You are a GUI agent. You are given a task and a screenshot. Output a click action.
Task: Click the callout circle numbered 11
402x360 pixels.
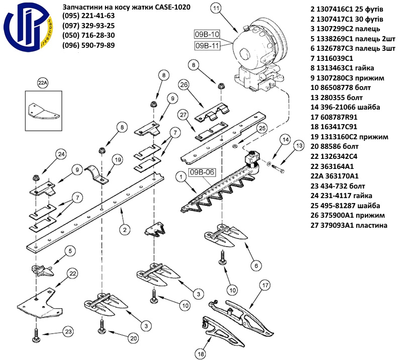click(216, 8)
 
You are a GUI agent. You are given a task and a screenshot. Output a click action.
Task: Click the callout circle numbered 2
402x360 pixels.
click(123, 230)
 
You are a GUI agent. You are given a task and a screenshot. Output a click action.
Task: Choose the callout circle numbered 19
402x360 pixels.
click(117, 160)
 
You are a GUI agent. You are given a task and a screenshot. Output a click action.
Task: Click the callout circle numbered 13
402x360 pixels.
click(298, 147)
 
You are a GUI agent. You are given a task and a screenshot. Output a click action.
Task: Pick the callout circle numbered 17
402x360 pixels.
click(265, 286)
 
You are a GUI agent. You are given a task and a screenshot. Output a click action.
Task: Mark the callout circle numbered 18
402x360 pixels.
click(200, 354)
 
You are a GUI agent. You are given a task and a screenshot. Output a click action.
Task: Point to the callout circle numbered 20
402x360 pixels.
click(133, 338)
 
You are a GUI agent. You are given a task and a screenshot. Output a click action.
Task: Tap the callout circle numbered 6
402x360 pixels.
click(256, 265)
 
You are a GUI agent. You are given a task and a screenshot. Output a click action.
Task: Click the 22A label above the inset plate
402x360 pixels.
click(42, 81)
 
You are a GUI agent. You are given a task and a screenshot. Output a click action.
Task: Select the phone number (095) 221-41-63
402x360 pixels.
click(88, 16)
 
